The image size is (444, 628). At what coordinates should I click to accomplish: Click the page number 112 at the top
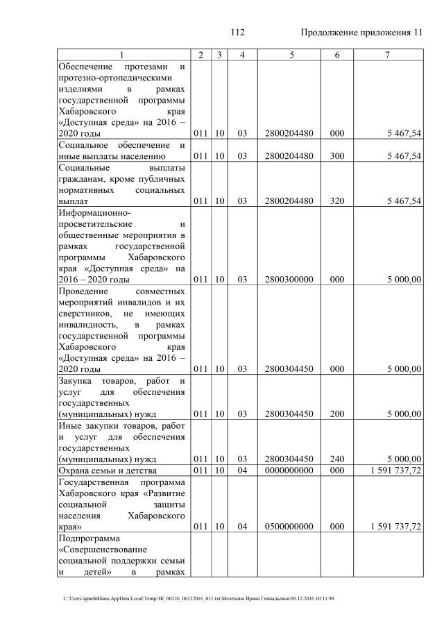[238, 33]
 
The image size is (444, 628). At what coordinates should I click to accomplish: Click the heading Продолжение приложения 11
[361, 33]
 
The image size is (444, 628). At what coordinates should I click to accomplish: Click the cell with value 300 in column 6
[337, 156]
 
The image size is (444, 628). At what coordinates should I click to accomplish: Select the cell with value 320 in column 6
[337, 201]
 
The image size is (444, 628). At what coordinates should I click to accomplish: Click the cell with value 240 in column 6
[337, 459]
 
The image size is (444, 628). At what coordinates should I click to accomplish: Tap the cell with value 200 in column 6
[337, 414]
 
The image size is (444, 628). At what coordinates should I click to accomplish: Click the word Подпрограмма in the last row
[89, 538]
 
